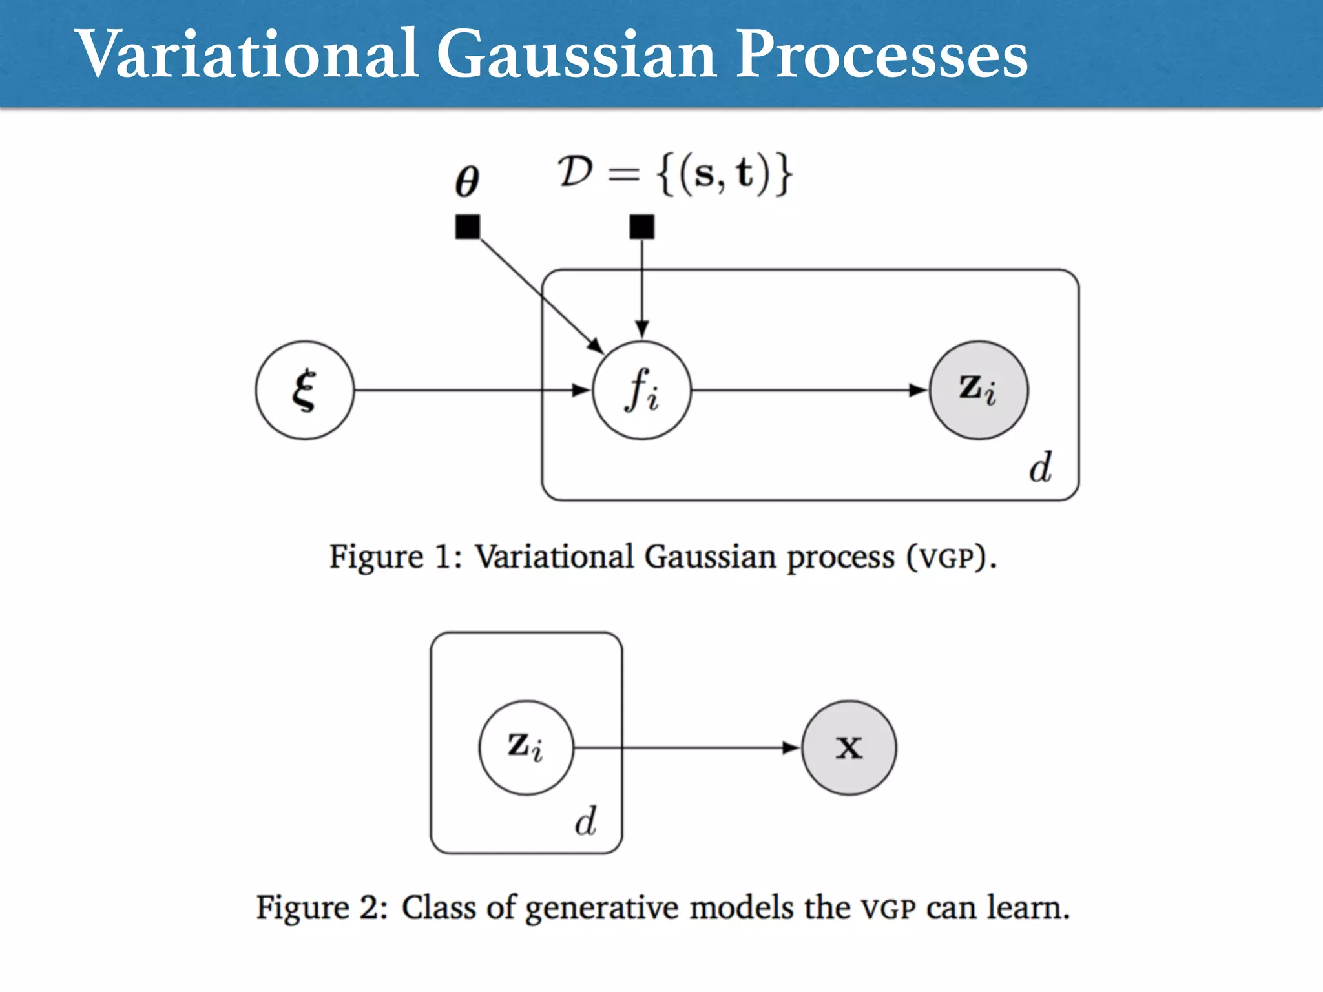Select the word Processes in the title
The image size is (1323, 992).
coord(881,55)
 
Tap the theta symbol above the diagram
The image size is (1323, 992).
coord(466,180)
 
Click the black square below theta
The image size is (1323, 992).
coord(468,227)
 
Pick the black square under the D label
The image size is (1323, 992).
coord(641,227)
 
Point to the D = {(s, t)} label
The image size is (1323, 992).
coord(675,174)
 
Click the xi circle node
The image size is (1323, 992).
coord(304,390)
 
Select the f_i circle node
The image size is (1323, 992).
coord(641,390)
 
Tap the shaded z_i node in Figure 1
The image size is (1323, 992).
coord(978,390)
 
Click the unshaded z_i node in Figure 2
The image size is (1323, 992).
coord(526,747)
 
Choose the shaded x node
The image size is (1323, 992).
coord(849,747)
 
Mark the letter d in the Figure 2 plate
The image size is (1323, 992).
coord(586,821)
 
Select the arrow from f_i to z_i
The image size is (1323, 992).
coord(807,390)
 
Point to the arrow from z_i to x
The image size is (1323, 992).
coord(685,747)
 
